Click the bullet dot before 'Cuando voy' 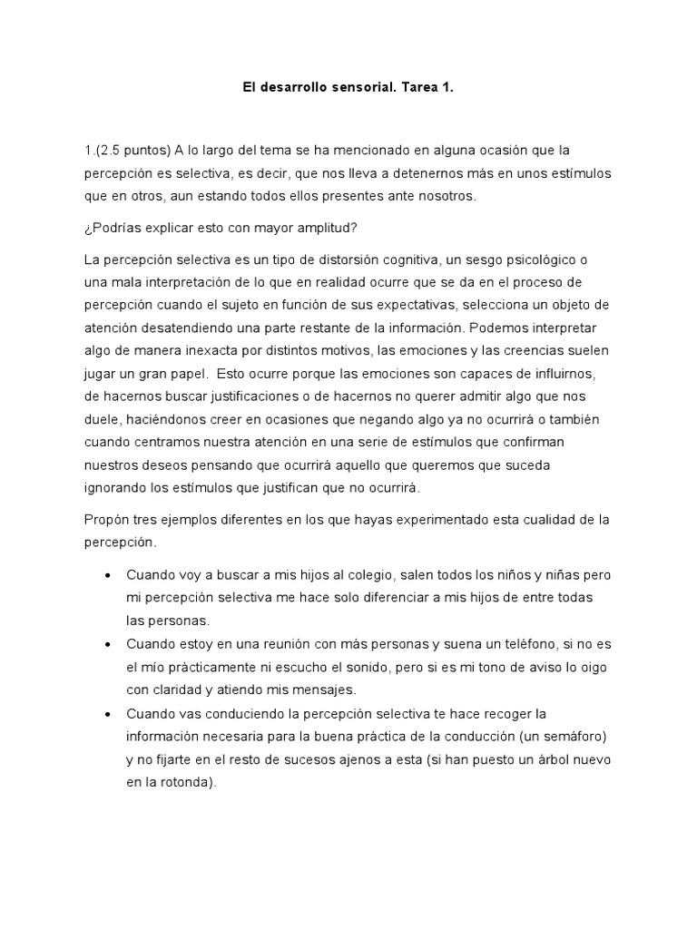point(109,576)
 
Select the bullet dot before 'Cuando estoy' point(109,644)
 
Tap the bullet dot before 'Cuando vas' point(109,713)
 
